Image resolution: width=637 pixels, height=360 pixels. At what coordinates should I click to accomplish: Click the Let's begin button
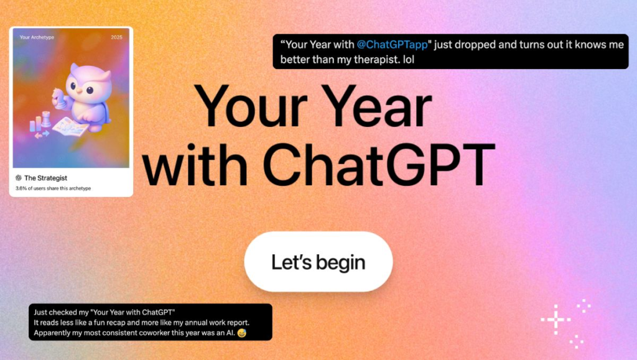tap(318, 262)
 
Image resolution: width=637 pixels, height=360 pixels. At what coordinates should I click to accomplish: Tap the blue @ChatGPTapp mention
tap(392, 45)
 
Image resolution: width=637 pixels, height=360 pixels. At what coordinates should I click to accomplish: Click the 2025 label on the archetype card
tap(116, 37)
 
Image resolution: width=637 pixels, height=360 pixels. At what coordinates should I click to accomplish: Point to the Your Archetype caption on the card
tap(37, 37)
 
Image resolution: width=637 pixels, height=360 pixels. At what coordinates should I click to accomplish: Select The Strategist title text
tap(45, 178)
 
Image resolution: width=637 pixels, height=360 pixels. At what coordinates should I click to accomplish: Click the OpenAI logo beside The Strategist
tap(19, 178)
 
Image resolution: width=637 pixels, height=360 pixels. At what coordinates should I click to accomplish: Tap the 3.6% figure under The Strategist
tap(21, 188)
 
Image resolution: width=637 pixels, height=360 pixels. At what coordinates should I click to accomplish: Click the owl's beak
tap(80, 91)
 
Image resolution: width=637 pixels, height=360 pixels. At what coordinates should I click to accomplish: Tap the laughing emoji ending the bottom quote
tap(242, 333)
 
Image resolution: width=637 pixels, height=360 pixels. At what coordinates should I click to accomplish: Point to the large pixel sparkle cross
tap(556, 320)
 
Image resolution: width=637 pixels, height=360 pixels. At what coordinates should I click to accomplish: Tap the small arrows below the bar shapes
tap(42, 134)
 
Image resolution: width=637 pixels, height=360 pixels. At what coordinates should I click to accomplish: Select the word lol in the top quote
tap(409, 60)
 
